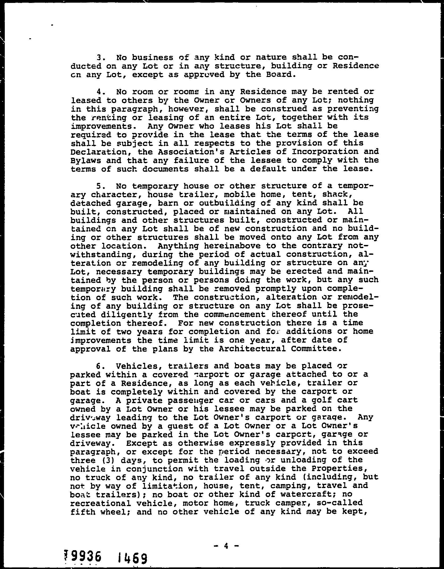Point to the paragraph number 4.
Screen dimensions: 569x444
[99, 92]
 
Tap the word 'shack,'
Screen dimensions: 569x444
[337, 194]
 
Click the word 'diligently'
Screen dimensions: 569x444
[127, 315]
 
